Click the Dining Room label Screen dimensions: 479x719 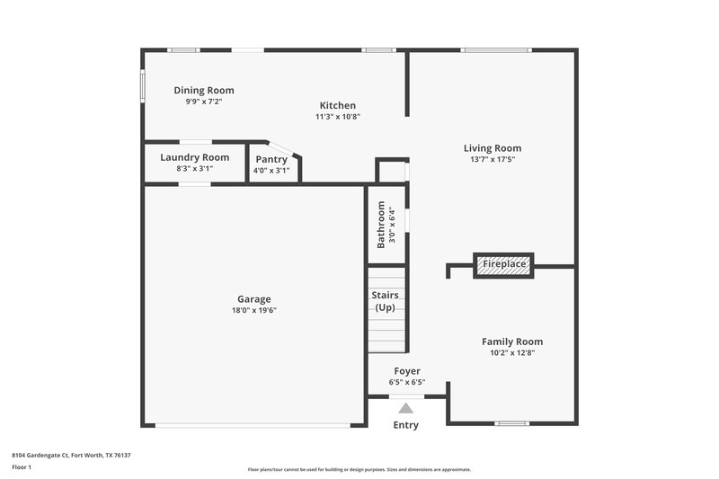[x=204, y=90]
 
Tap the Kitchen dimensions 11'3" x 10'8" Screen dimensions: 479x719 [x=338, y=117]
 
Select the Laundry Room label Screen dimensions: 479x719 [x=195, y=157]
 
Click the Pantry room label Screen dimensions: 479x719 [x=271, y=159]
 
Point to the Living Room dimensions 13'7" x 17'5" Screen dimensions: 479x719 [x=492, y=160]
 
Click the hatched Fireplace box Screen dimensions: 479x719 [x=503, y=265]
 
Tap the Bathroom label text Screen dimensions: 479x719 [x=381, y=225]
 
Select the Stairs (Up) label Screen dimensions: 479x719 [x=385, y=301]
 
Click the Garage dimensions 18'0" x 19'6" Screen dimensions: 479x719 [x=253, y=311]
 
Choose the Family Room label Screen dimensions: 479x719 [x=512, y=342]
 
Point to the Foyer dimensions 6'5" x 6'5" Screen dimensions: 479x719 [x=407, y=383]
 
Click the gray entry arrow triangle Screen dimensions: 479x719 [x=406, y=409]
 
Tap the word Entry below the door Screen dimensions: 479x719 [x=406, y=425]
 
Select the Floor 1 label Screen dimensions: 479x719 [x=22, y=468]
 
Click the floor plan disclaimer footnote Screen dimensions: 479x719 [x=359, y=469]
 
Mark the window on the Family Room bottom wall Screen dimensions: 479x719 [x=511, y=423]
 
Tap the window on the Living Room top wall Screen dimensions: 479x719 [x=496, y=50]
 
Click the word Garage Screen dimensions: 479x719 [x=253, y=299]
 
